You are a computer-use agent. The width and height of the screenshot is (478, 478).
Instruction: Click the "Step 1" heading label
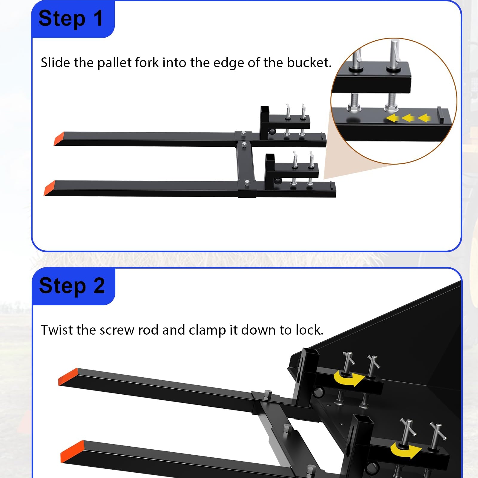(x=71, y=19)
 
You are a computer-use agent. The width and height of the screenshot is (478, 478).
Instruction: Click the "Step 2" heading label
(x=72, y=286)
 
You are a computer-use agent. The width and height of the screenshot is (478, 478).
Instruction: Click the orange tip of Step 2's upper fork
(x=68, y=377)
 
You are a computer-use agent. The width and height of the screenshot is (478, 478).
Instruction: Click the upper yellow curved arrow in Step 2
(x=349, y=378)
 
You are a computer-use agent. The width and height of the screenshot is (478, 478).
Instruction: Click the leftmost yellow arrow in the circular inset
(x=392, y=118)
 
